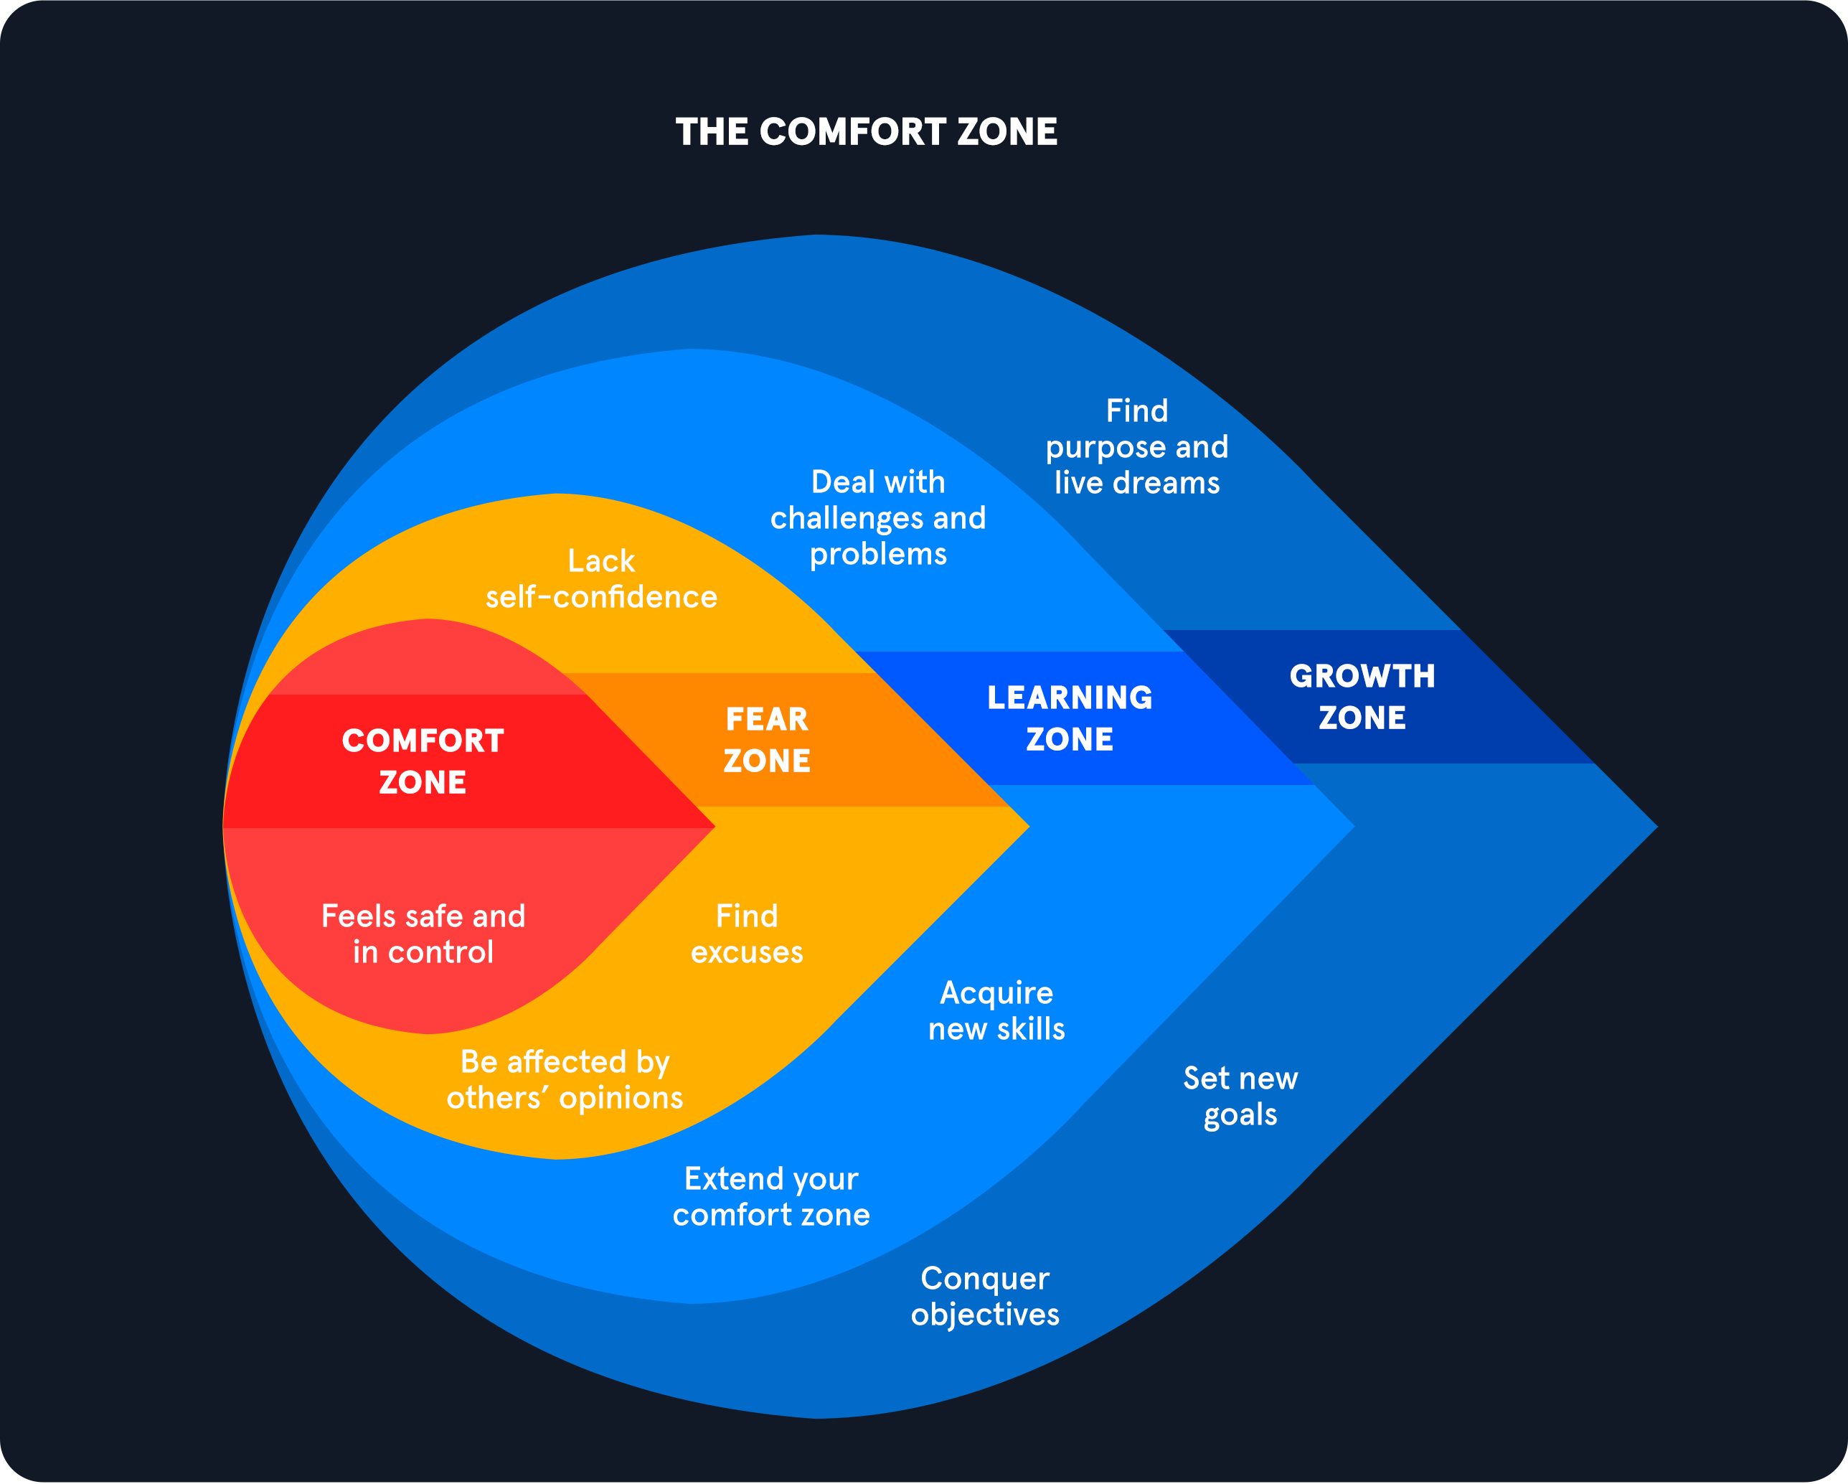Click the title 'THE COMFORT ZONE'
pyautogui.click(x=866, y=132)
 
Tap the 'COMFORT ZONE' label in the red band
pyautogui.click(x=423, y=761)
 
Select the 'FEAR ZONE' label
pyautogui.click(x=766, y=740)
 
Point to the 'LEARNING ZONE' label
pyautogui.click(x=1070, y=718)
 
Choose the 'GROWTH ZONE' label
pyautogui.click(x=1362, y=697)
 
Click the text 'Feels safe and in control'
pyautogui.click(x=423, y=934)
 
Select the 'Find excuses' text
pyautogui.click(x=747, y=934)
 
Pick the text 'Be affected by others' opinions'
pyautogui.click(x=565, y=1080)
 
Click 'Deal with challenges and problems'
pyautogui.click(x=877, y=518)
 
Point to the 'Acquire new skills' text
pyautogui.click(x=996, y=1011)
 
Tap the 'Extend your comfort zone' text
pyautogui.click(x=770, y=1197)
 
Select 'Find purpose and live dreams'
pyautogui.click(x=1136, y=446)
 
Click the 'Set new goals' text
pyautogui.click(x=1240, y=1096)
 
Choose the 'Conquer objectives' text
pyautogui.click(x=985, y=1296)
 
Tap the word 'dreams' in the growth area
pyautogui.click(x=1166, y=484)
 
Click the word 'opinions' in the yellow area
pyautogui.click(x=621, y=1098)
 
